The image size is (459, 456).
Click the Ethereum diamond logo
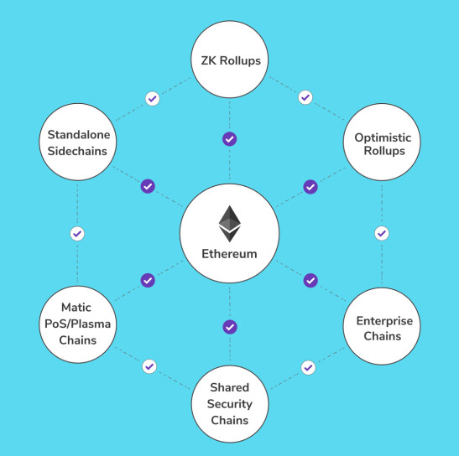(x=230, y=224)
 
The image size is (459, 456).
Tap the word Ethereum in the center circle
(x=230, y=254)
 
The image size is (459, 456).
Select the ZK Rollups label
(x=231, y=61)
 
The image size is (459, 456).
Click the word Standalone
(x=79, y=135)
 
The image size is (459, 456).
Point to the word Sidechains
(x=77, y=151)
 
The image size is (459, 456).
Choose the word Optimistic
(x=383, y=137)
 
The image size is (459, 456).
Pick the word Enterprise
(x=384, y=321)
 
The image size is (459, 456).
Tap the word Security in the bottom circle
(x=230, y=404)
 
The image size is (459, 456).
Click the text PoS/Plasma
(x=77, y=324)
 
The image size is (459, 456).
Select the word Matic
(x=76, y=308)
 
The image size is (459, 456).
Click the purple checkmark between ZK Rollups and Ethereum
(x=230, y=139)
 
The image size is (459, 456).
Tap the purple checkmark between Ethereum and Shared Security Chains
(x=230, y=327)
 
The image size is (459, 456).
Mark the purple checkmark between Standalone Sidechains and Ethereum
(x=148, y=186)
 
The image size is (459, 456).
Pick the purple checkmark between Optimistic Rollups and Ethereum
(x=310, y=187)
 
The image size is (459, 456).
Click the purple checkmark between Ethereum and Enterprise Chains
(x=310, y=281)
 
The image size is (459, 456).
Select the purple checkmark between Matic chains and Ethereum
(x=148, y=280)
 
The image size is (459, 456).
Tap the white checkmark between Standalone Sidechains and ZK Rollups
(x=153, y=99)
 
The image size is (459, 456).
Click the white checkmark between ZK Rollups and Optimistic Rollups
(x=305, y=97)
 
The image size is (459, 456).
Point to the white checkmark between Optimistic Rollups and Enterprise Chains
(x=382, y=233)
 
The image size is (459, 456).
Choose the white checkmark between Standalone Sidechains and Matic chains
(x=77, y=234)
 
